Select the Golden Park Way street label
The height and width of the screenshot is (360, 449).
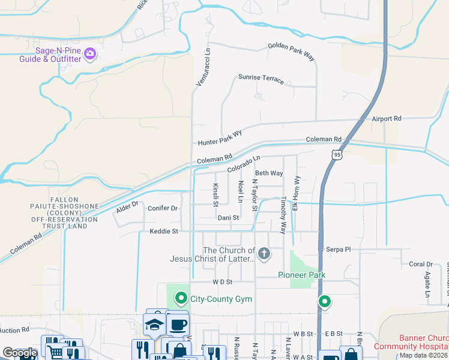291,51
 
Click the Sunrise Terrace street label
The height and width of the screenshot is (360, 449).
261,79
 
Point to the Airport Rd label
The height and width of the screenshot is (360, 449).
385,119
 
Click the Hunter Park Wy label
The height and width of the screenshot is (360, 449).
220,138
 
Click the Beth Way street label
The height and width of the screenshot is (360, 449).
269,173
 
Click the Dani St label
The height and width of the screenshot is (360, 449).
228,218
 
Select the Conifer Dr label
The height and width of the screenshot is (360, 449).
162,208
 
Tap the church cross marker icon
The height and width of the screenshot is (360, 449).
264,254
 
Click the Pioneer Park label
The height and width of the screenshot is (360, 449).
301,275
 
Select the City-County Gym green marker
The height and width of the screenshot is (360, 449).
180,298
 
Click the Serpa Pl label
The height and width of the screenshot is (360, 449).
338,248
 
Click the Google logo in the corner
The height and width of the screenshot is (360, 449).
20,353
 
